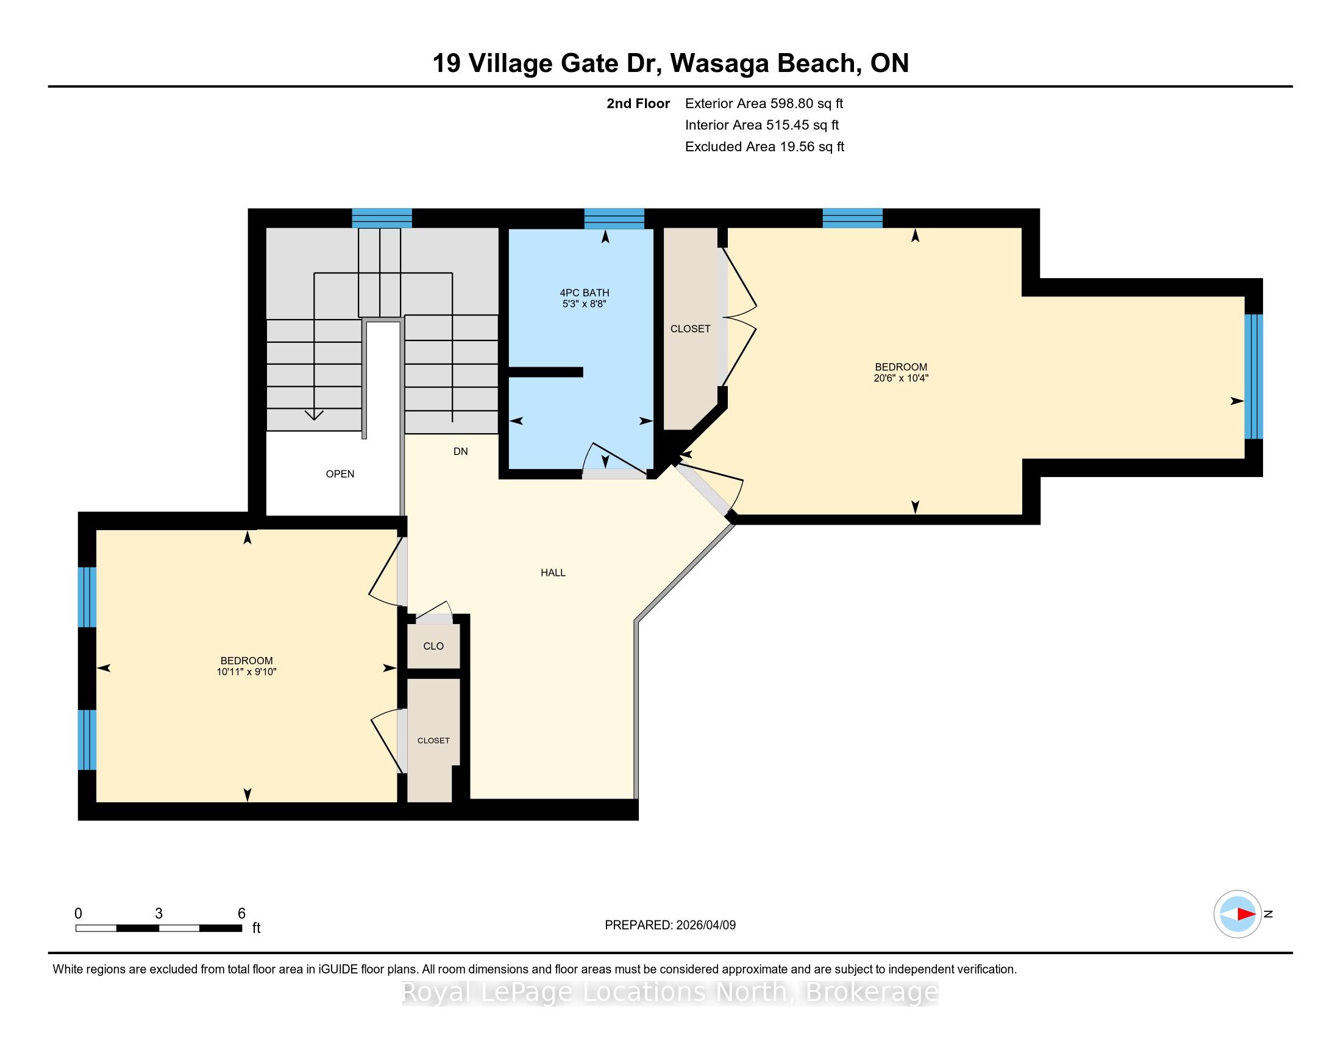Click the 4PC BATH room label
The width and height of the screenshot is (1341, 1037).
584,293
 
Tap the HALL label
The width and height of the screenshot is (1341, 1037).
553,573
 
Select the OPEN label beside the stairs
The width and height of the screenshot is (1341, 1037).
340,474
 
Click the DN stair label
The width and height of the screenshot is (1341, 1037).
460,451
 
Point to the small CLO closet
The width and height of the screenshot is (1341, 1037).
433,645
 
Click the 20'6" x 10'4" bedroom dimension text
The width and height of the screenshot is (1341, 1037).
901,378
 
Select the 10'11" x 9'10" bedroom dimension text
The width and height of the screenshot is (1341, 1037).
246,672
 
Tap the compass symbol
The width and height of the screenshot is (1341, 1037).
1237,914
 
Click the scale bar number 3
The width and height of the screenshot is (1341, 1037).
158,914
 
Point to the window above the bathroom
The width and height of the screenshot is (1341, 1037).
614,219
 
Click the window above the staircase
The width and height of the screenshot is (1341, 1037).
382,219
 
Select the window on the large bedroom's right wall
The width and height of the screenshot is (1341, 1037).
1253,376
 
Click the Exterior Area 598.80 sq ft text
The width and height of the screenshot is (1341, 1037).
764,104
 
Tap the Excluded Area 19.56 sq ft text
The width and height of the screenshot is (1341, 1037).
764,147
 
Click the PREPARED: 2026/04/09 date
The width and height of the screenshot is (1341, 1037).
670,925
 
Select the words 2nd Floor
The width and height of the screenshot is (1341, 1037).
638,104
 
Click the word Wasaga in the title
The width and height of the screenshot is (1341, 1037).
719,63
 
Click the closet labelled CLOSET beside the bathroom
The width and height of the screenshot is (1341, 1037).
691,329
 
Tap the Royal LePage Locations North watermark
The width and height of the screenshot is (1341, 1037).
670,992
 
